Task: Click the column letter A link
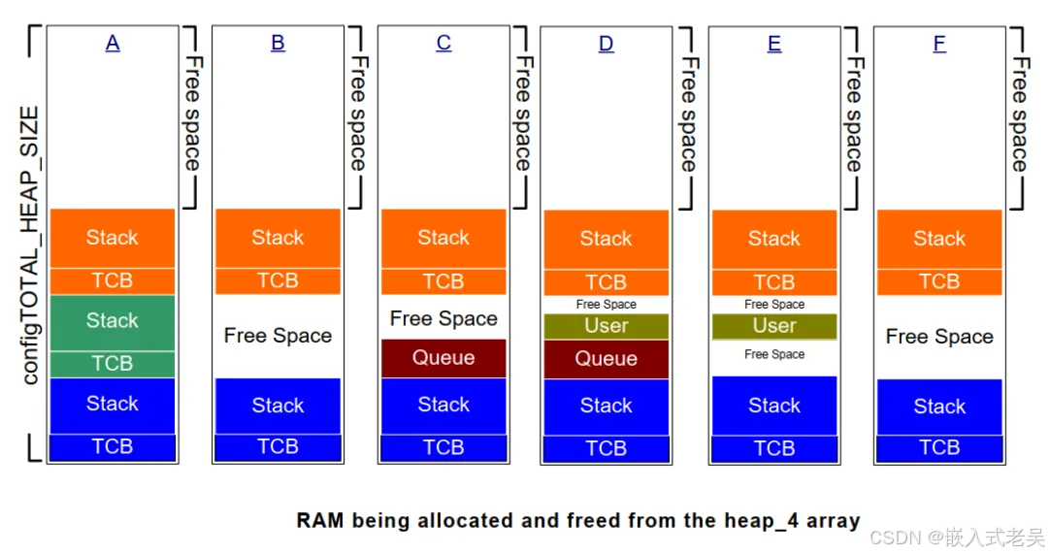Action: (x=113, y=43)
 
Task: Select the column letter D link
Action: (x=606, y=44)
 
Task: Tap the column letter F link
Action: (x=939, y=44)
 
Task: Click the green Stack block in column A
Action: (x=113, y=321)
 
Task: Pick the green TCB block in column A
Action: (x=113, y=364)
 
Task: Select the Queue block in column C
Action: (x=443, y=358)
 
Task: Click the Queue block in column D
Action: (x=606, y=359)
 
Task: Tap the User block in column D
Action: (x=606, y=326)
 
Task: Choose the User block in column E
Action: (x=774, y=326)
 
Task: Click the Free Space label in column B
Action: (x=278, y=336)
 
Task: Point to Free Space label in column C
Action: (x=443, y=319)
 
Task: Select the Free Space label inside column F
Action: (x=939, y=337)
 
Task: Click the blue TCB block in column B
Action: (x=278, y=447)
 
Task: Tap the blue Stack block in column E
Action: (x=774, y=406)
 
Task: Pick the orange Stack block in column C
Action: (x=443, y=238)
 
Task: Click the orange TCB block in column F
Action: (x=939, y=281)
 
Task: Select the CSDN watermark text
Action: (x=957, y=537)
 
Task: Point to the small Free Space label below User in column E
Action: (x=774, y=354)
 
